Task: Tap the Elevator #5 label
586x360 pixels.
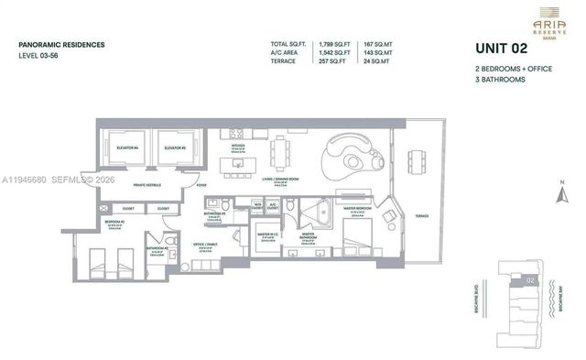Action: (171, 147)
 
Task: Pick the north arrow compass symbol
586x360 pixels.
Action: (560, 194)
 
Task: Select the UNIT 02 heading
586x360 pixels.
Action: (504, 49)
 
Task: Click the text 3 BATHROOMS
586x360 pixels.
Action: (500, 81)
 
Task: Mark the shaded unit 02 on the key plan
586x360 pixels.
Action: (530, 279)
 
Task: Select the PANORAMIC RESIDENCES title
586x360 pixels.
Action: (61, 44)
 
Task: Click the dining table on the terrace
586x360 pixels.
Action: (416, 162)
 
